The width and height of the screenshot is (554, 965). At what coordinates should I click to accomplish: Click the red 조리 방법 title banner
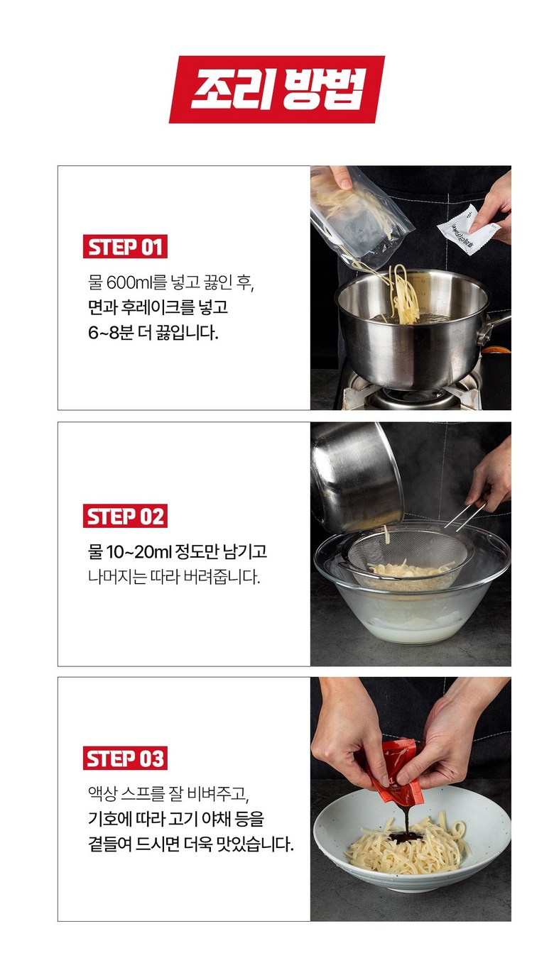[x=276, y=89]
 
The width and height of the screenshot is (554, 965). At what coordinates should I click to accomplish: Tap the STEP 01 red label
[x=125, y=246]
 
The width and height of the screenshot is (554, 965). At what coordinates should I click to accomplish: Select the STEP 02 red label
[x=125, y=516]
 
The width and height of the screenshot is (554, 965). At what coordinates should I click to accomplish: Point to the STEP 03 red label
[x=125, y=758]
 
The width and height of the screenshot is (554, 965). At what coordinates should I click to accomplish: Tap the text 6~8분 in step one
[x=110, y=333]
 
